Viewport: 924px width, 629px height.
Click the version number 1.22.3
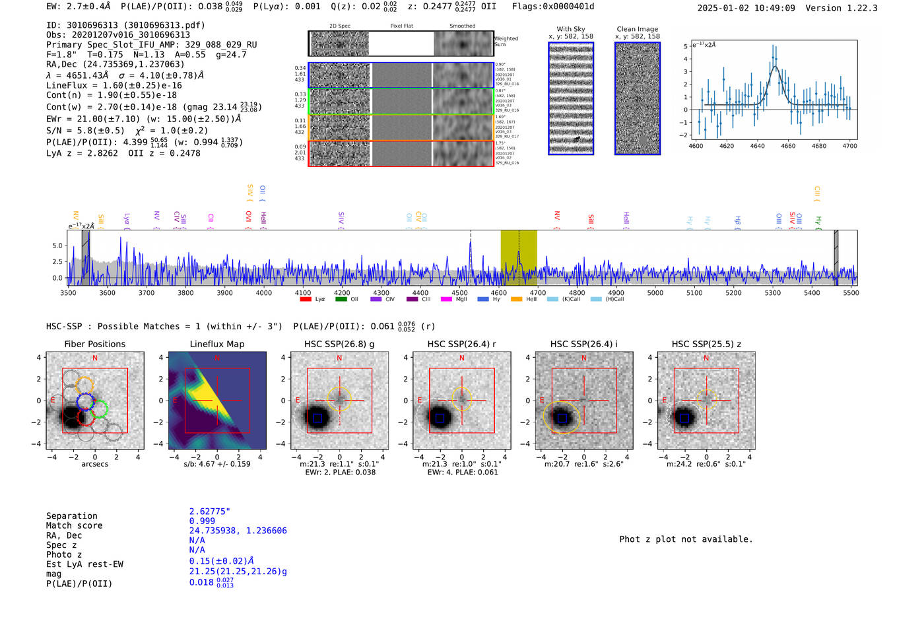coord(857,8)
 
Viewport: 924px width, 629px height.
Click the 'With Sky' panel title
coord(570,29)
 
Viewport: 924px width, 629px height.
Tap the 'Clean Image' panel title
coord(637,29)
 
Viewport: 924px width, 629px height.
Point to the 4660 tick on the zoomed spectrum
coord(788,146)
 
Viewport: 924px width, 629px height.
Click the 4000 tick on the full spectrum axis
coord(264,293)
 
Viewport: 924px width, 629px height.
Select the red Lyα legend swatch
coord(306,300)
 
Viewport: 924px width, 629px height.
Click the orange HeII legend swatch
coord(516,300)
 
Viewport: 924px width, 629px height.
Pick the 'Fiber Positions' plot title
coord(94,344)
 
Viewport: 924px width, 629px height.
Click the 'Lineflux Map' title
coord(216,344)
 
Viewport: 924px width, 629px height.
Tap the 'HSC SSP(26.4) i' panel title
coord(583,344)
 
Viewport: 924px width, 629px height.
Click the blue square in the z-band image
coord(684,418)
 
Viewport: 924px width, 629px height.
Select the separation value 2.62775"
coord(209,512)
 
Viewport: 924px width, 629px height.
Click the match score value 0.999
coord(202,521)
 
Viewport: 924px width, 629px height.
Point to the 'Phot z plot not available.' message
coord(686,539)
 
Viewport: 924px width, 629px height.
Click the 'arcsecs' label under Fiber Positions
coord(94,464)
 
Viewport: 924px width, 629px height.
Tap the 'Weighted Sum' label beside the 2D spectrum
coord(506,42)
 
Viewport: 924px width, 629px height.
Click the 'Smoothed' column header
coord(462,26)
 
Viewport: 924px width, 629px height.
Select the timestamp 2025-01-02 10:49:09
coord(746,8)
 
